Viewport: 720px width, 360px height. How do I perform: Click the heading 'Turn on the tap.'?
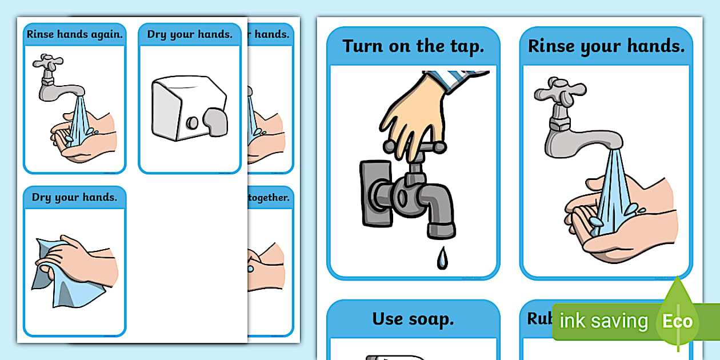click(x=413, y=46)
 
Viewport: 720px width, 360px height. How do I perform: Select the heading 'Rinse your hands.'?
click(x=606, y=46)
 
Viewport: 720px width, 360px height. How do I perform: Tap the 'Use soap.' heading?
click(x=413, y=319)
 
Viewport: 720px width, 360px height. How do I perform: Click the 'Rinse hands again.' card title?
click(x=75, y=34)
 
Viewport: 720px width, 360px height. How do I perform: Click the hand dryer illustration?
click(x=189, y=109)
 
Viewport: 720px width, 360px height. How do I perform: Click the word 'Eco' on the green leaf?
click(x=677, y=321)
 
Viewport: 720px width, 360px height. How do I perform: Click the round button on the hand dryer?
click(x=193, y=122)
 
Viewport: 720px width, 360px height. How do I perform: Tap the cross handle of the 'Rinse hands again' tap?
click(x=48, y=62)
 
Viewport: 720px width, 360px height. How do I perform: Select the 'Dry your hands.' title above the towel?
click(x=75, y=198)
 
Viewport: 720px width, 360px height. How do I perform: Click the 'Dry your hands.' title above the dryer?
click(x=190, y=34)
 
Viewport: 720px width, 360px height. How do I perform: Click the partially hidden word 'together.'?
click(x=269, y=198)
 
